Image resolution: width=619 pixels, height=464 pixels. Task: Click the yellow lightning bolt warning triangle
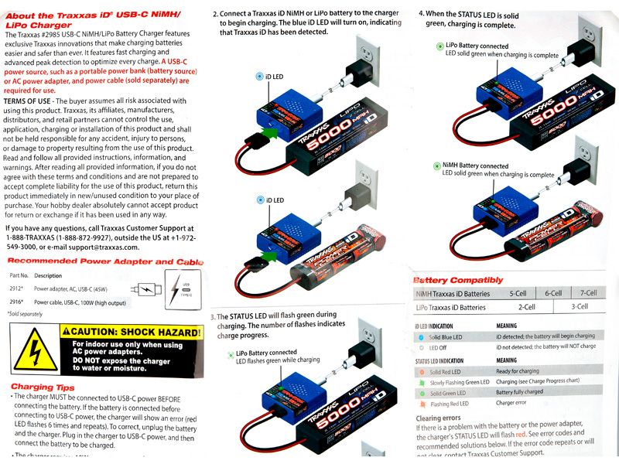click(x=31, y=349)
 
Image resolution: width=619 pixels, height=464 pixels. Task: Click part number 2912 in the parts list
click(x=16, y=288)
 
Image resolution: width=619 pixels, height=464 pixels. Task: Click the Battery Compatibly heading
click(x=458, y=279)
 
